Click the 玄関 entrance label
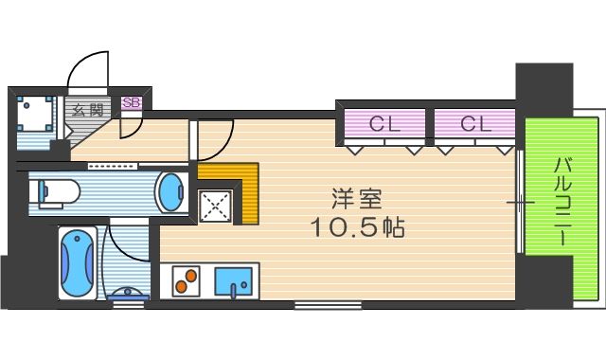[x=88, y=111]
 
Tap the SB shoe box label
[x=131, y=102]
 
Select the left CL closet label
[x=384, y=124]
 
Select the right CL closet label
[x=475, y=124]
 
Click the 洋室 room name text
[x=357, y=199]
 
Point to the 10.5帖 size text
[x=358, y=227]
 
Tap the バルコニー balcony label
[x=562, y=202]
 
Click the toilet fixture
[x=58, y=191]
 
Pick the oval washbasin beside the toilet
[x=169, y=192]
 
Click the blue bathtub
[x=78, y=263]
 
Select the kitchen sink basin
[x=234, y=281]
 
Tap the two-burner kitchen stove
[x=186, y=280]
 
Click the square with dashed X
[x=215, y=207]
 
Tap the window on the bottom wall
[x=328, y=305]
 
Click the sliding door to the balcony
[x=520, y=202]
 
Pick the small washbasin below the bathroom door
[x=128, y=294]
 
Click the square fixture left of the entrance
[x=34, y=114]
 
